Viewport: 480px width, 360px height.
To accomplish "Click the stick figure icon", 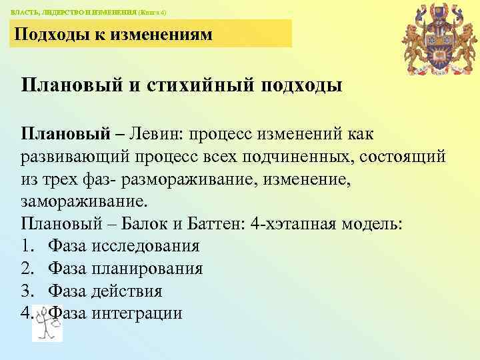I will pos(47,324).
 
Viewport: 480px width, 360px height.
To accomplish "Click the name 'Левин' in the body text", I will pos(155,134).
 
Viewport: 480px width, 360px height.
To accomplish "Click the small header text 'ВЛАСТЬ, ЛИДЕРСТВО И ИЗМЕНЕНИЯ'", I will pos(74,13).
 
